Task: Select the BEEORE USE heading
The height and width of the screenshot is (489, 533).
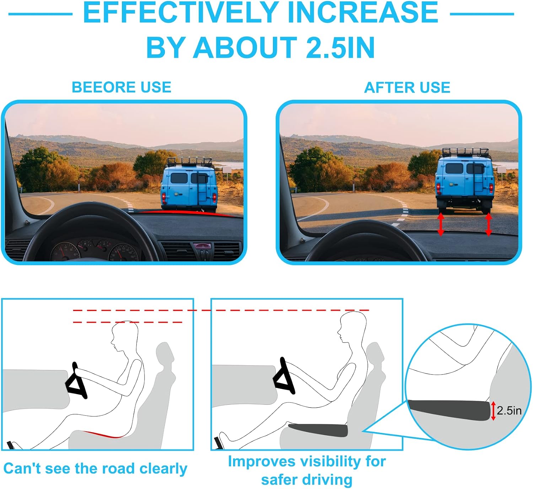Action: click(122, 87)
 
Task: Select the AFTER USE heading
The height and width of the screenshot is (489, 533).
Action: click(407, 87)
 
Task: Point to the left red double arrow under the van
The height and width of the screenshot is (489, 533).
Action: click(441, 224)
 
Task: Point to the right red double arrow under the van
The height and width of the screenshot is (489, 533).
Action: click(489, 224)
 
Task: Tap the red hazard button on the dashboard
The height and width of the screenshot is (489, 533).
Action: click(202, 246)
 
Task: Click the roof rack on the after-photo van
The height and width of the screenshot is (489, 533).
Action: click(465, 152)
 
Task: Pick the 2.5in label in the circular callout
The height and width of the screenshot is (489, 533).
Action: click(509, 410)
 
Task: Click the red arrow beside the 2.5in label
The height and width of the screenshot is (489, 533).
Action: click(493, 411)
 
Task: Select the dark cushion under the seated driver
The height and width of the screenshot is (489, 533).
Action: click(318, 430)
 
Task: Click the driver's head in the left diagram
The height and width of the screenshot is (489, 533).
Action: click(124, 335)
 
